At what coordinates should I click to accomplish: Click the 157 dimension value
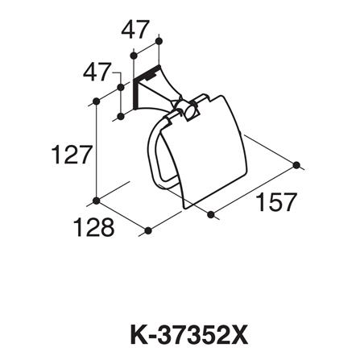point(276,202)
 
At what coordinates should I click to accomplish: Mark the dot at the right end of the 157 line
point(299,165)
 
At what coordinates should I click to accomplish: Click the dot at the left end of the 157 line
point(209,214)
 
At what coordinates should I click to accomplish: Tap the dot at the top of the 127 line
point(97,101)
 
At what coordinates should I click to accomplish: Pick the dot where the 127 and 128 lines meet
point(97,200)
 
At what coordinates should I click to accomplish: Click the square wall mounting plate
point(143,86)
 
